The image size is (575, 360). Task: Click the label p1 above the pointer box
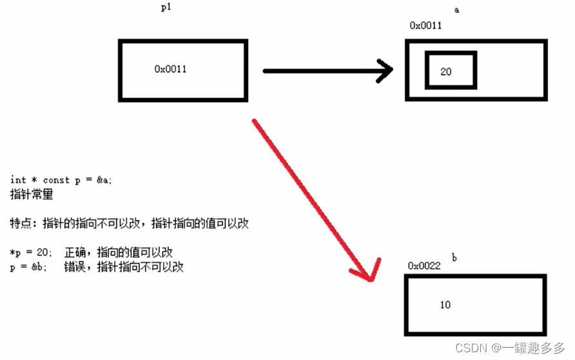click(166, 8)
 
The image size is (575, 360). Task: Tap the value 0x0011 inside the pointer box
click(170, 69)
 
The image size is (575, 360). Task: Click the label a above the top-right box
click(456, 10)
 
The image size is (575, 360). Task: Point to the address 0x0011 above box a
click(425, 26)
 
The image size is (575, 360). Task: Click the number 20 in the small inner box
click(446, 72)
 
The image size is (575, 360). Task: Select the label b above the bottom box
click(454, 257)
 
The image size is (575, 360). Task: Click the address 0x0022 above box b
click(424, 266)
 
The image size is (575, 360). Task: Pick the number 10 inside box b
click(445, 305)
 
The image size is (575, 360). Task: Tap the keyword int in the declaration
click(18, 180)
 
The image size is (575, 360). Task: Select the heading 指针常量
click(32, 194)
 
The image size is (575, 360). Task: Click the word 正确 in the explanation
click(75, 252)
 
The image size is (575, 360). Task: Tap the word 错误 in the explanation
click(75, 266)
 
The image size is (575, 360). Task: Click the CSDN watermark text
click(471, 348)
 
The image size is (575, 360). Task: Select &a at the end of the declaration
click(104, 180)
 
